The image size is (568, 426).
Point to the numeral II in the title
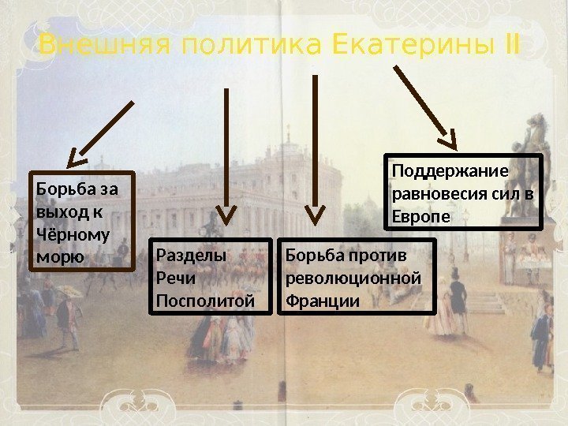510,46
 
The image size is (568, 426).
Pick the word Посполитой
206,301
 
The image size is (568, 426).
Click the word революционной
353,278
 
